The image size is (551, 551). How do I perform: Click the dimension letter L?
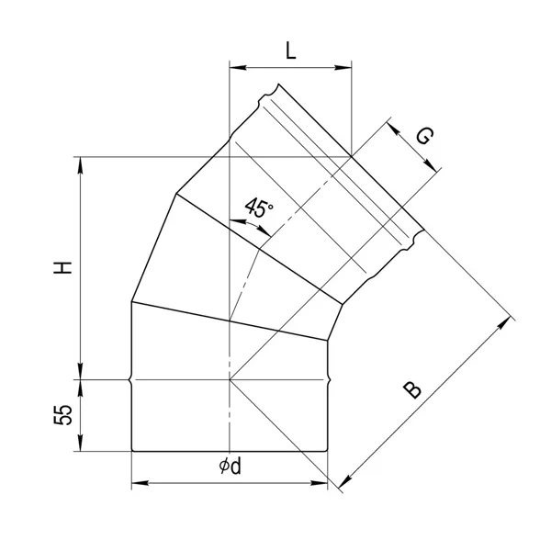(x=290, y=51)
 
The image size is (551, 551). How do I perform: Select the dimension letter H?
(x=62, y=267)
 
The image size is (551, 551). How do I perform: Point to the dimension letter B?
(x=413, y=389)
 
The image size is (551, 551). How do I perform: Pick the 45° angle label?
(x=259, y=209)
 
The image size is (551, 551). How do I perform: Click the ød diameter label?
(x=231, y=467)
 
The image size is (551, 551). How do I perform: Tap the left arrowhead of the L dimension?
(x=234, y=66)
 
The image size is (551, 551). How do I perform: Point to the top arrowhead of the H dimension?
(x=82, y=163)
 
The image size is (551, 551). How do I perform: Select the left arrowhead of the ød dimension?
(x=138, y=481)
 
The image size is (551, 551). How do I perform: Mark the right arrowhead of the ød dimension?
(x=322, y=481)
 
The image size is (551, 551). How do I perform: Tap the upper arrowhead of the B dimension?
(x=504, y=320)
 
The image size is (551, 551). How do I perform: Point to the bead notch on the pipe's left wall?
(x=131, y=379)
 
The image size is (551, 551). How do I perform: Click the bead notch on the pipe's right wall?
(x=328, y=379)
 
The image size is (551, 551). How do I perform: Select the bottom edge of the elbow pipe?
(x=230, y=451)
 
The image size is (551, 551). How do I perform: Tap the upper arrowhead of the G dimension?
(x=392, y=124)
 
